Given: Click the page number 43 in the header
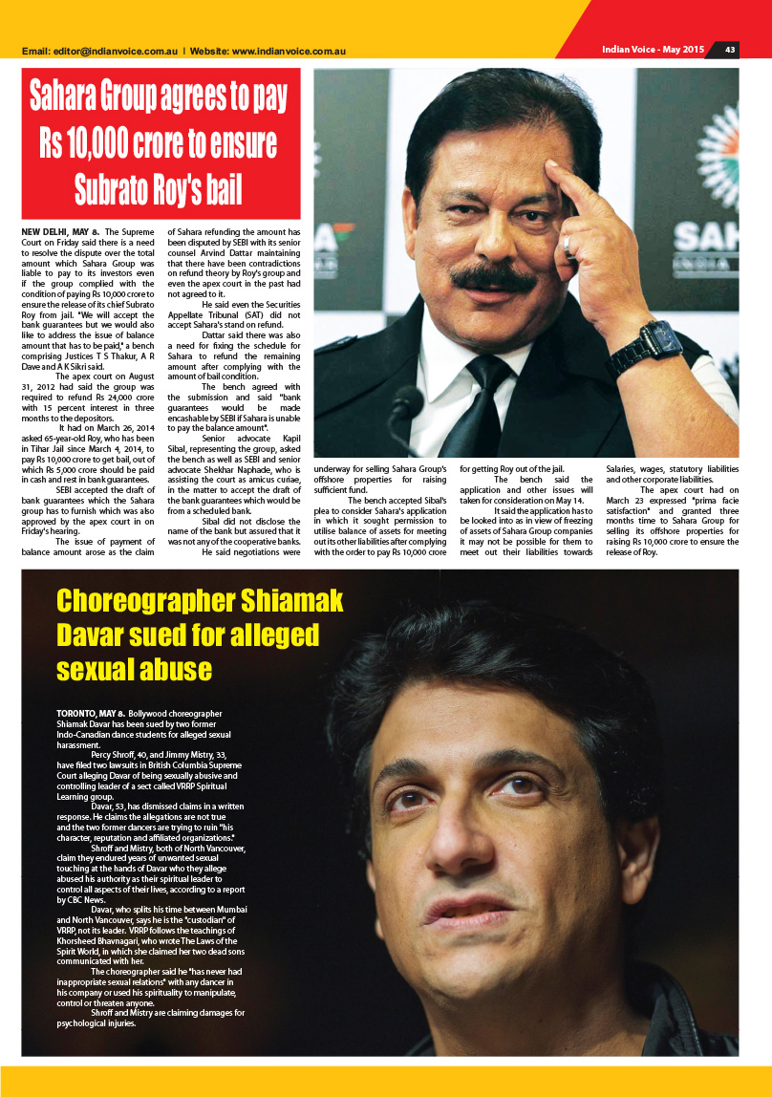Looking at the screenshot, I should click(x=729, y=50).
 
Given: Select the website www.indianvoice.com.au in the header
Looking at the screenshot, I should click(x=289, y=51).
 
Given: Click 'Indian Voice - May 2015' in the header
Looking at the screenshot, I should click(x=653, y=50).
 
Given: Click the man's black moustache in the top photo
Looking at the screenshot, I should click(x=493, y=279).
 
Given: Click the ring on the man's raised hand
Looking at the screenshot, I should click(x=567, y=243).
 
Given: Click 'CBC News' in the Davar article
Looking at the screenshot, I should click(x=77, y=900).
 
